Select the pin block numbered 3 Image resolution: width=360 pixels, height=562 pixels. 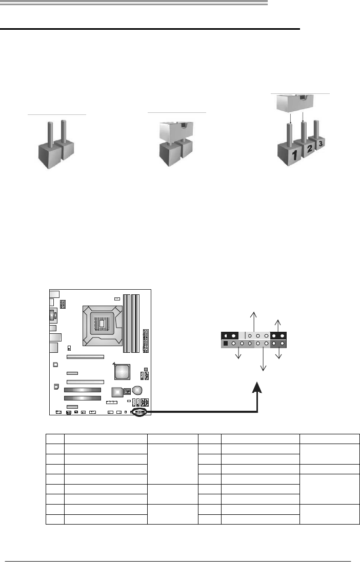(x=321, y=145)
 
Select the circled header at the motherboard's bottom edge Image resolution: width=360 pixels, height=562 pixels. (x=140, y=412)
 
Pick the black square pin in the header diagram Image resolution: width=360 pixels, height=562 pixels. (x=225, y=344)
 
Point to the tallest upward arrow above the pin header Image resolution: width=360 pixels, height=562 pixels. (x=251, y=321)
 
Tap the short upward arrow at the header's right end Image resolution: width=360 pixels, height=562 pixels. (x=278, y=325)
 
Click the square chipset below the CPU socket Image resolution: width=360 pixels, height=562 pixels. (x=122, y=371)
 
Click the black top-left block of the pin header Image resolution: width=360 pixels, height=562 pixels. (x=229, y=336)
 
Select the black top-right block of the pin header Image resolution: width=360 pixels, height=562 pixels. (x=279, y=336)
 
